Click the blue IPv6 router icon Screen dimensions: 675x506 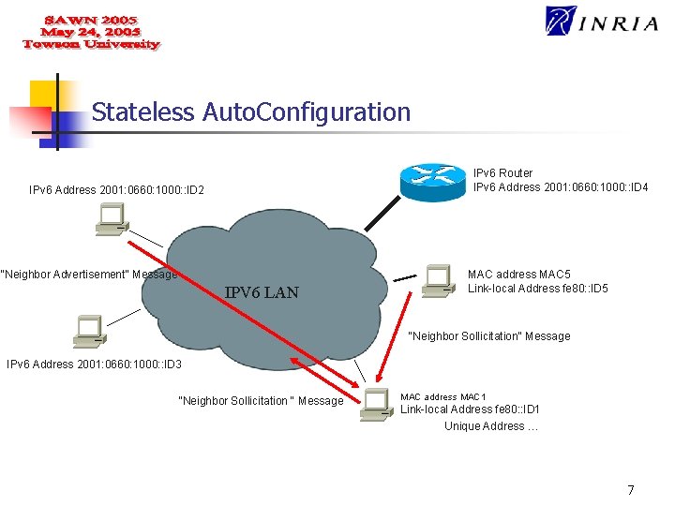[x=433, y=179]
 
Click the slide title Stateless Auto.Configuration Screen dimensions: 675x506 [x=251, y=112]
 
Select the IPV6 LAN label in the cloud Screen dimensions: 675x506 [x=262, y=292]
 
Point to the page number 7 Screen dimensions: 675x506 [x=631, y=489]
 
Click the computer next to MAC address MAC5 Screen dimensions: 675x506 [x=437, y=280]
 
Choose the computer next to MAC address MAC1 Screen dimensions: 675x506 [x=377, y=404]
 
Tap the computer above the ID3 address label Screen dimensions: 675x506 [x=89, y=330]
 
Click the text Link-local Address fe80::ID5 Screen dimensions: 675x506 [x=537, y=289]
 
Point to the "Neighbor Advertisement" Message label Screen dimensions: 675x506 [x=89, y=275]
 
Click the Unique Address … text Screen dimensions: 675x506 [x=490, y=426]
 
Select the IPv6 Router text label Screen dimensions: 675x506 [x=502, y=172]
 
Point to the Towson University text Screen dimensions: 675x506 [x=91, y=45]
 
